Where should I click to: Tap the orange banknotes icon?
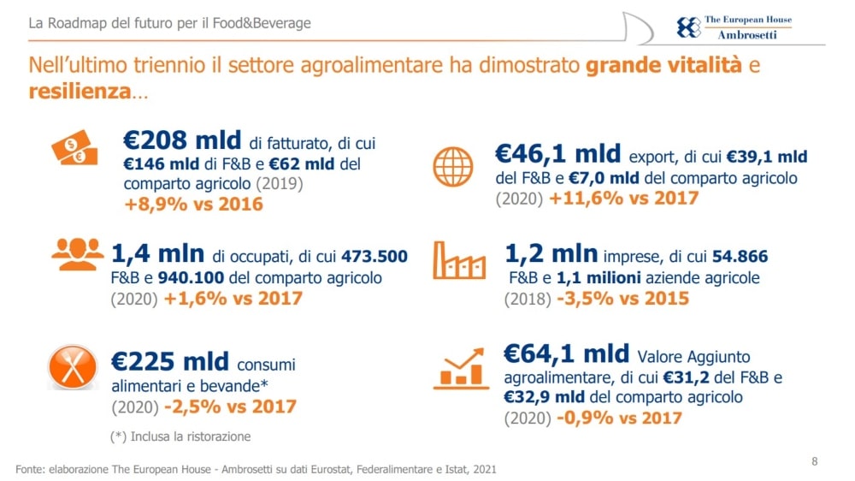click(74, 151)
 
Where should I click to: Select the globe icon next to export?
click(453, 167)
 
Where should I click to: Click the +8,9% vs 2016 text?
click(193, 205)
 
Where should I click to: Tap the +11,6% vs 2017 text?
click(623, 199)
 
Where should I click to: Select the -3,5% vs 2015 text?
click(622, 299)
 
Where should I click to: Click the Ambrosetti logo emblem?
click(687, 27)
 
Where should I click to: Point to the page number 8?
click(814, 461)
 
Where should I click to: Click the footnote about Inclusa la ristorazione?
click(180, 436)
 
